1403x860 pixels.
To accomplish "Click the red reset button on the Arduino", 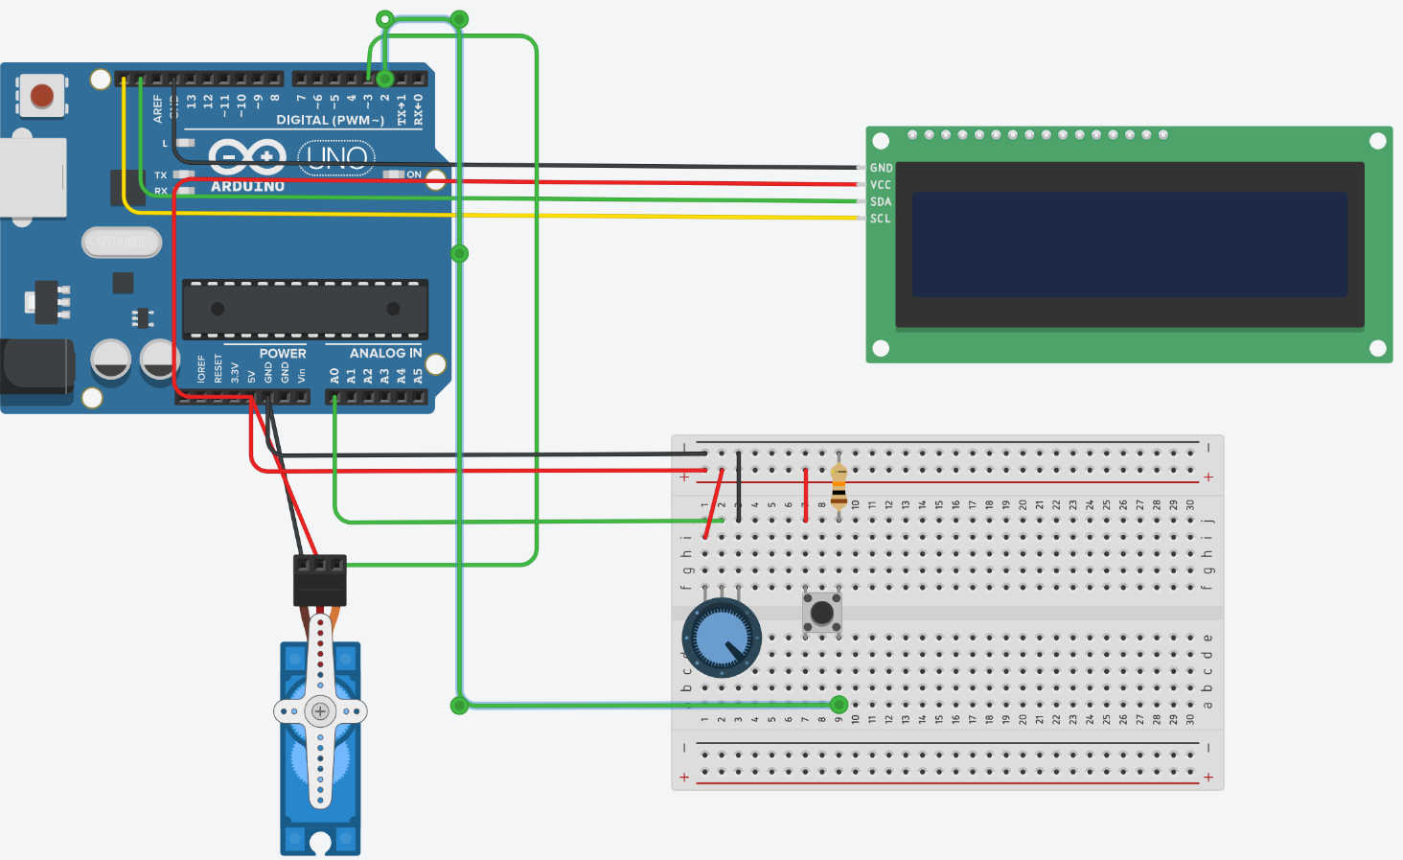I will pyautogui.click(x=42, y=96).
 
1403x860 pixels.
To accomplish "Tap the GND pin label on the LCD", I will pyautogui.click(x=881, y=168).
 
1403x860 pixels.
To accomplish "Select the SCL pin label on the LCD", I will pyautogui.click(x=880, y=219).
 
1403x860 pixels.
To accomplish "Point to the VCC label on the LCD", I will pyautogui.click(x=880, y=185).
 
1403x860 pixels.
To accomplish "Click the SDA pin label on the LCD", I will pyautogui.click(x=880, y=202).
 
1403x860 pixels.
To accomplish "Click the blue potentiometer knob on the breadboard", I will pyautogui.click(x=722, y=638).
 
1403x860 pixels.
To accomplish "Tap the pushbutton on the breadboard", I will pyautogui.click(x=821, y=612).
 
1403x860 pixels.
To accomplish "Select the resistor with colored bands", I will pyautogui.click(x=839, y=487).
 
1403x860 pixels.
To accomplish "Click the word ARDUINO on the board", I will pyautogui.click(x=247, y=186).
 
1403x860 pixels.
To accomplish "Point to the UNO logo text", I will pyautogui.click(x=336, y=157).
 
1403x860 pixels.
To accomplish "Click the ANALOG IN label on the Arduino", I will pyautogui.click(x=385, y=353).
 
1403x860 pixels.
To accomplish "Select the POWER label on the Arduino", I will pyautogui.click(x=283, y=353).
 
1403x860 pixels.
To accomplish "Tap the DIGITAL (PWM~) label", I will pyautogui.click(x=330, y=120).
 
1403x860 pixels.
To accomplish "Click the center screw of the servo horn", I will pyautogui.click(x=320, y=711).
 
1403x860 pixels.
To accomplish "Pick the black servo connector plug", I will pyautogui.click(x=319, y=579).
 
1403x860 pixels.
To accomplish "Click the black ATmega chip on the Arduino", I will pyautogui.click(x=305, y=309).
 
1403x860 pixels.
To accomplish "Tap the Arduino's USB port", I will pyautogui.click(x=33, y=177).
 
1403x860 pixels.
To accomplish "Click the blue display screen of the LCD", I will pyautogui.click(x=1129, y=244).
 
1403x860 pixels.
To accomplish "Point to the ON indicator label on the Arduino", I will pyautogui.click(x=413, y=174).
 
